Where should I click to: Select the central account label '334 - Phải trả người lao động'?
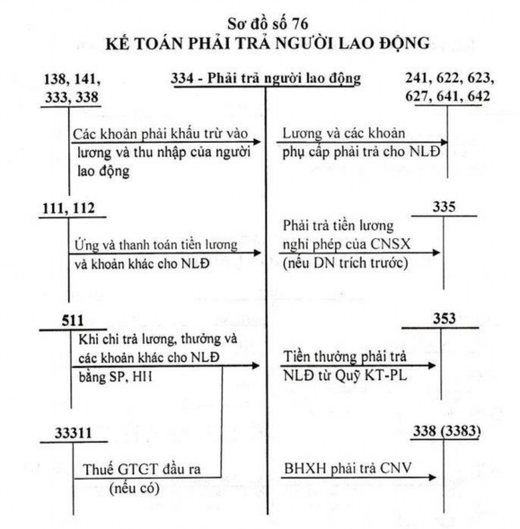tap(265, 80)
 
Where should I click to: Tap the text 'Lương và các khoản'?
tap(332, 134)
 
